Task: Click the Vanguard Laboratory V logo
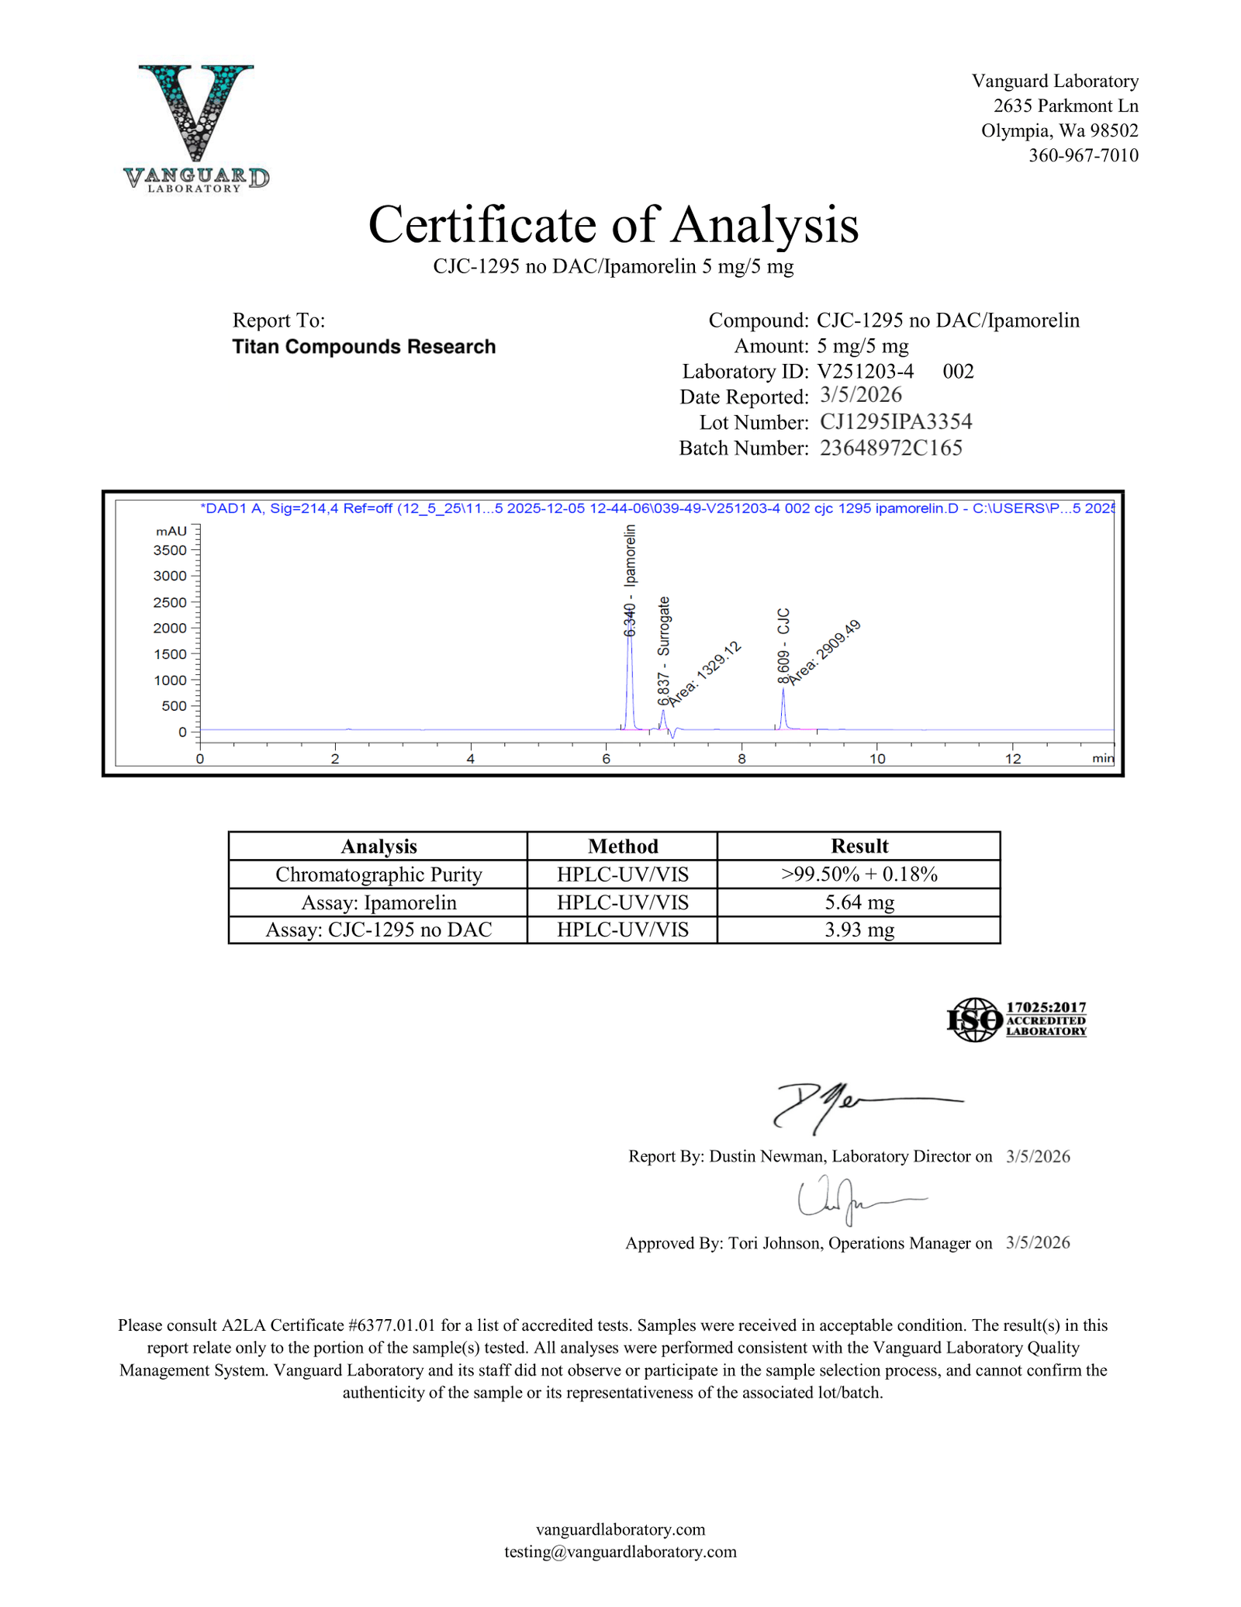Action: click(196, 124)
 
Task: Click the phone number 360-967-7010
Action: click(1083, 155)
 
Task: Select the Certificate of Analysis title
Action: click(613, 225)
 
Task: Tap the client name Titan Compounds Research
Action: click(364, 347)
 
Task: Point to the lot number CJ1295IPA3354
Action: click(896, 422)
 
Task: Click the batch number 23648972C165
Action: click(890, 448)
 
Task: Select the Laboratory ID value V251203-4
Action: click(865, 371)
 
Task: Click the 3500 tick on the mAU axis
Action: click(171, 550)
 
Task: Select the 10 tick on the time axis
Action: click(877, 758)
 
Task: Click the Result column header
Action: click(859, 846)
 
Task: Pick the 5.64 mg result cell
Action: click(859, 902)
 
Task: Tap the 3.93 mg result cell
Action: click(859, 930)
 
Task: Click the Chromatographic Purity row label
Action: click(379, 874)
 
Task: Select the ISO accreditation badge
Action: click(1016, 1020)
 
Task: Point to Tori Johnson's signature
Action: click(853, 1199)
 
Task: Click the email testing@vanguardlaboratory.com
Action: click(620, 1551)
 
